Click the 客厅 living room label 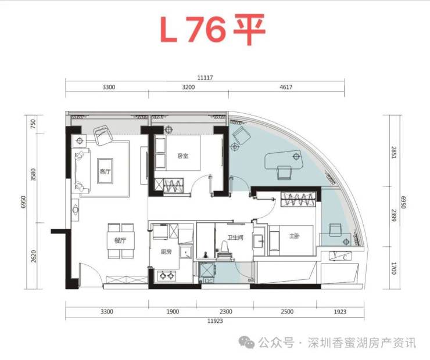(105, 171)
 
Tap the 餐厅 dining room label (120, 240)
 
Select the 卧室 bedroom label (183, 156)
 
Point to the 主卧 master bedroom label (294, 236)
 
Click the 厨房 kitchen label (166, 251)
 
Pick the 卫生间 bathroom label (235, 237)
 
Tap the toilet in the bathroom (225, 250)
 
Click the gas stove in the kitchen (166, 275)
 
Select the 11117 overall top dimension (205, 78)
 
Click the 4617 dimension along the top (286, 87)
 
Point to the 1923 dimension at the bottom (340, 311)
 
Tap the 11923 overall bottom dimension (215, 321)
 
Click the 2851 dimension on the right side (394, 152)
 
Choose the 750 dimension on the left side (33, 124)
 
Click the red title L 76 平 (213, 29)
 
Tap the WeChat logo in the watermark (246, 343)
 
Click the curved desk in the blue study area (284, 159)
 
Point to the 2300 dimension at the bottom (226, 311)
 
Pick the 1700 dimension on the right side (394, 268)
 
